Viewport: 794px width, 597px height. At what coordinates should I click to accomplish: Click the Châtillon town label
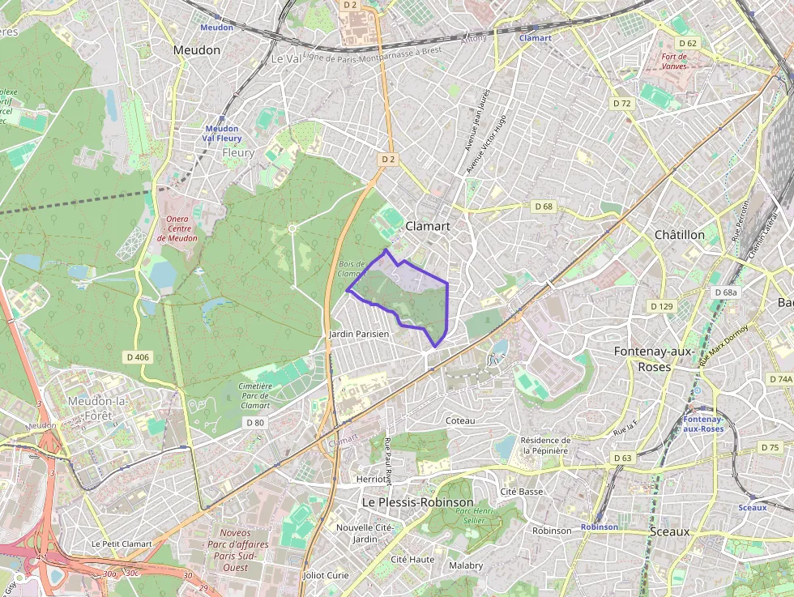(x=679, y=234)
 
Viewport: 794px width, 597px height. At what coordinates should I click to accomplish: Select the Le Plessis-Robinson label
(x=417, y=502)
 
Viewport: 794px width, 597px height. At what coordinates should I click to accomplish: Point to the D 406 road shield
(x=139, y=356)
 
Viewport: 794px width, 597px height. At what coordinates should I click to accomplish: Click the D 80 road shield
(x=254, y=422)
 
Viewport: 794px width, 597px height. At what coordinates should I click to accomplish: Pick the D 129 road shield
(x=662, y=306)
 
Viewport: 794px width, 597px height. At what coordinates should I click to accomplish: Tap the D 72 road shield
(x=621, y=104)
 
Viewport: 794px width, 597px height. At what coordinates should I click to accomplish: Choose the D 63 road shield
(x=622, y=458)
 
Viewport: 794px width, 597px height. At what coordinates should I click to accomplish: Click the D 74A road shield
(x=780, y=379)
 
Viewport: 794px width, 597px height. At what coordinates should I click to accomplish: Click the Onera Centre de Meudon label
(x=177, y=228)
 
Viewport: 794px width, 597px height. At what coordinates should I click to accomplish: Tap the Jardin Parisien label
(x=359, y=334)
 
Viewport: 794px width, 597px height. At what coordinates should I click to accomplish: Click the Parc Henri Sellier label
(x=475, y=516)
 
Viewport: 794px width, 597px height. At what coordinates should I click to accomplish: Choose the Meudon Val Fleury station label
(x=222, y=134)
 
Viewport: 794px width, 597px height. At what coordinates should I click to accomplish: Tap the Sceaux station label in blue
(x=752, y=508)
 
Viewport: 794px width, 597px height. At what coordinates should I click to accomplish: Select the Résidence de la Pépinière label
(x=545, y=446)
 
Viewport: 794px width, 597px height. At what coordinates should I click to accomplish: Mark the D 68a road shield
(x=726, y=292)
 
